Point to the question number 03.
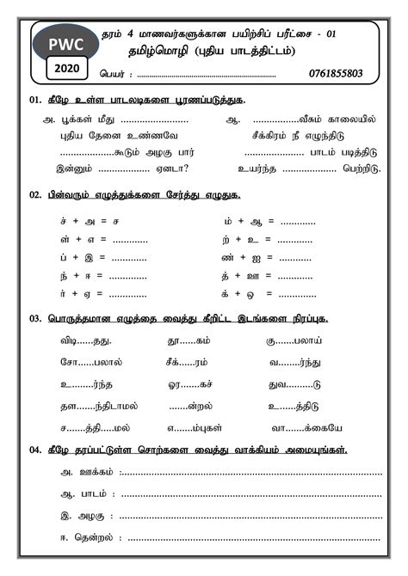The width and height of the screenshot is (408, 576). [x=35, y=318]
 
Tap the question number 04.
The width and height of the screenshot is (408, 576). [x=35, y=450]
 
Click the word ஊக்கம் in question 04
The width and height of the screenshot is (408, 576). [x=96, y=472]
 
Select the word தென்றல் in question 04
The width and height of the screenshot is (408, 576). [x=97, y=536]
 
